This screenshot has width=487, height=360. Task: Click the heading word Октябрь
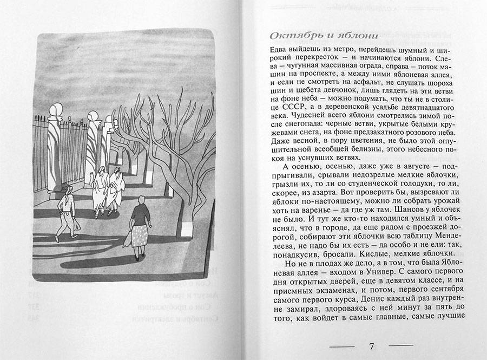292,36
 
